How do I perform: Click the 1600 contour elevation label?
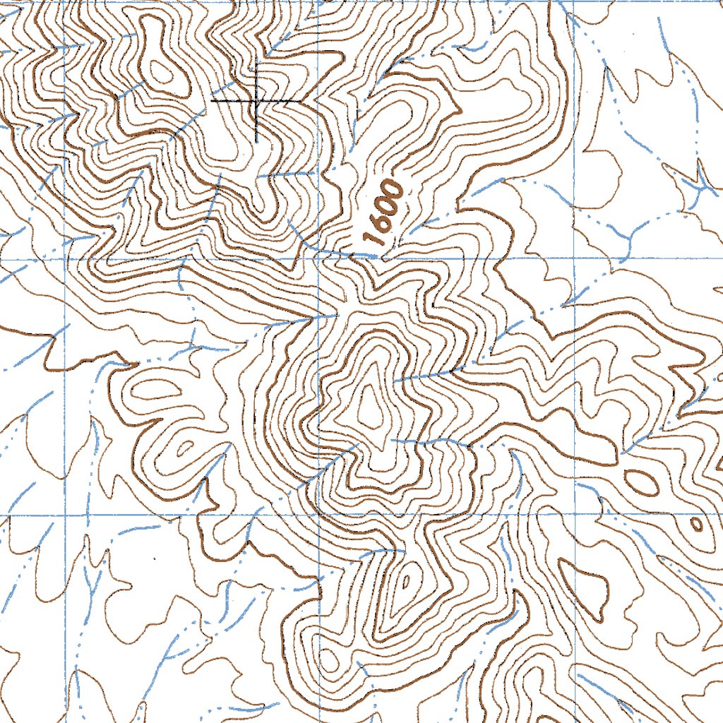[385, 213]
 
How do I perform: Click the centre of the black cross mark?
[256, 101]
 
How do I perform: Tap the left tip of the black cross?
[212, 101]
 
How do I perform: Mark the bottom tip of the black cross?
[256, 141]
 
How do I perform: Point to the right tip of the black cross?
[301, 101]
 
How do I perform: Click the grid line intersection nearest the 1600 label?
[318, 258]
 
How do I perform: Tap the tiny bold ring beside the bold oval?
[696, 524]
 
